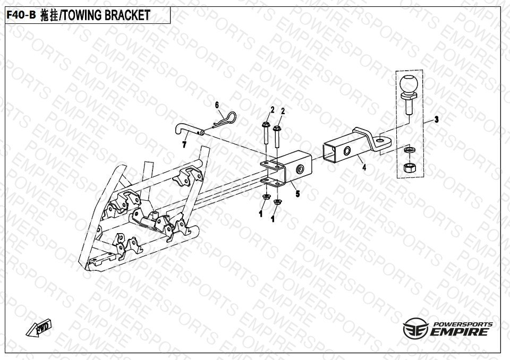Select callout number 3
point(436,119)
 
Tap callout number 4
point(364,168)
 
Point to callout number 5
point(297,194)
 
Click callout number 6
point(217,105)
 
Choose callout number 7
point(184,144)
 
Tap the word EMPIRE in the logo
point(460,332)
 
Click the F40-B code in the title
point(21,15)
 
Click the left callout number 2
point(273,110)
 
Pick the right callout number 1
point(273,218)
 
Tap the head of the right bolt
point(277,128)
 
